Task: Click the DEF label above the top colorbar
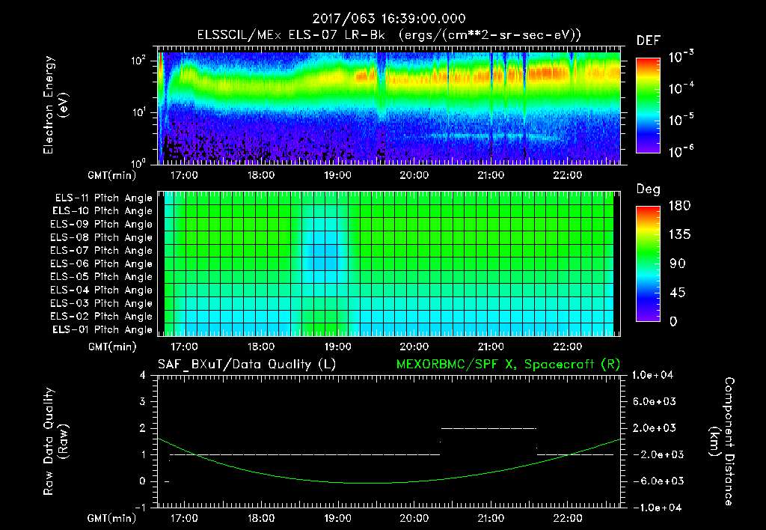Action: coord(648,40)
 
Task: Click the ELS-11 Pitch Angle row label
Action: coord(102,198)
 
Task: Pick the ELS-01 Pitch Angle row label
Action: coord(102,329)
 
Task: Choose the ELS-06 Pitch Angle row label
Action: coord(102,264)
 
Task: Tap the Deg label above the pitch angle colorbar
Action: coord(648,189)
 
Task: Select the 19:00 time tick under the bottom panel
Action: coord(337,517)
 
